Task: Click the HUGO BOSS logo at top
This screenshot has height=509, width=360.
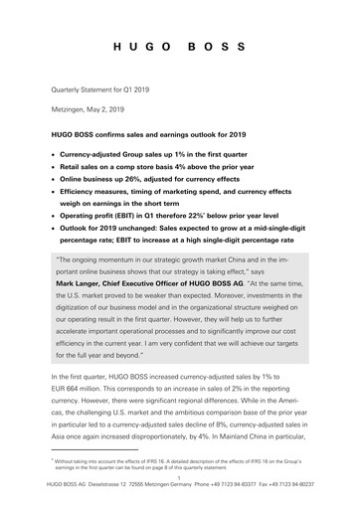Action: click(180, 47)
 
